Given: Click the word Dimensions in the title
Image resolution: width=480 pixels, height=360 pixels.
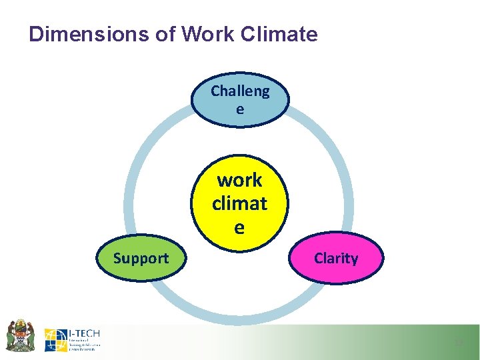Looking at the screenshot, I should pos(83,34).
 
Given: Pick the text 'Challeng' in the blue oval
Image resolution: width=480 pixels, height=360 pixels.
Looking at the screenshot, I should pos(240,91).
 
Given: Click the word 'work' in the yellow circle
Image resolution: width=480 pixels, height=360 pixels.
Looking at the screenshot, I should pos(239,180).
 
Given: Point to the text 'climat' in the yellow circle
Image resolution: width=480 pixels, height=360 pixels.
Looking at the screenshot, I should pos(239,203).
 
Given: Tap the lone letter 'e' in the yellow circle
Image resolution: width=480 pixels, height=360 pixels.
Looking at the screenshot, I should pos(239,227).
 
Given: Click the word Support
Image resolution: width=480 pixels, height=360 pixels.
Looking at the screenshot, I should pos(141,258).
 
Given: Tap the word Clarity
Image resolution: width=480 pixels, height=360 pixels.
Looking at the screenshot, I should pos(335,258).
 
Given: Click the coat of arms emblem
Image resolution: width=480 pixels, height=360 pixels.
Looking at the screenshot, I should pos(21,335).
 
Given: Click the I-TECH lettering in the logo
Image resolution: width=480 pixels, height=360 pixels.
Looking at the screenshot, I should pos(84,333).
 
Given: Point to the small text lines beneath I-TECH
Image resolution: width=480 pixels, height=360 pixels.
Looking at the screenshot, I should pos(85,345).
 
